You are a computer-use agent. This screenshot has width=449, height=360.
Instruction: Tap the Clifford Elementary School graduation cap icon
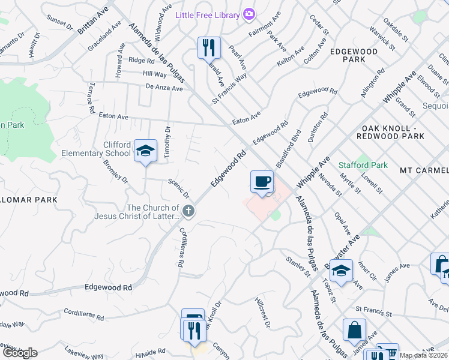pos(145,151)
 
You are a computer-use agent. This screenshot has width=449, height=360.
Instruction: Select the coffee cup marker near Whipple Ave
pos(262,182)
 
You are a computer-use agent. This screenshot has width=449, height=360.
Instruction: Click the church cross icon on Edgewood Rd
pos(188,210)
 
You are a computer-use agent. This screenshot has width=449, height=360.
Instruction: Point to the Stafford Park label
pos(363,164)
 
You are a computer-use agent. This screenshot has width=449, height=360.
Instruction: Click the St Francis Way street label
pos(229,89)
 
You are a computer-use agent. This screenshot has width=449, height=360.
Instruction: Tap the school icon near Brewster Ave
pos(341,271)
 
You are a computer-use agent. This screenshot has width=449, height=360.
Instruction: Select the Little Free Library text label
pos(208,15)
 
